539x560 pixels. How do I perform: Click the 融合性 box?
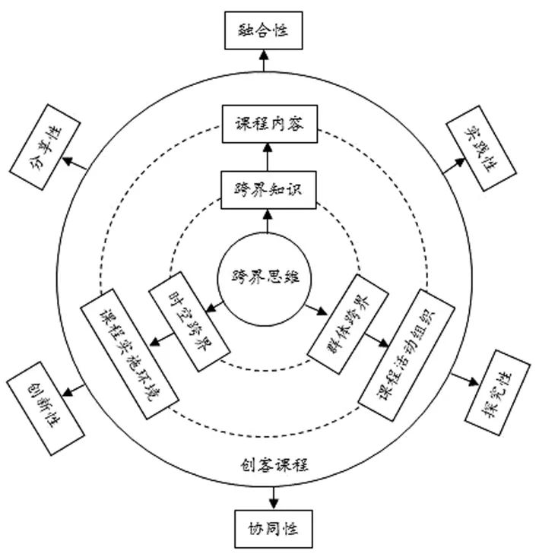pos(265,30)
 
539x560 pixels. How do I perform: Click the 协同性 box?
pos(271,527)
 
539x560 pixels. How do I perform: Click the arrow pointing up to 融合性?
pos(265,59)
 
